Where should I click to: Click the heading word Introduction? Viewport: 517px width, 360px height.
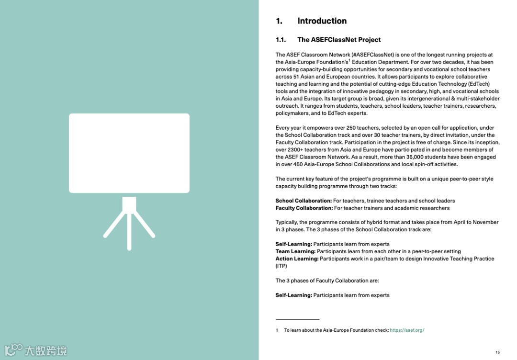click(322, 21)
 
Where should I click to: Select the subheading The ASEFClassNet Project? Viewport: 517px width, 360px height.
click(339, 40)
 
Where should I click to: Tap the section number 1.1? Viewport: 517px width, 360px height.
click(281, 40)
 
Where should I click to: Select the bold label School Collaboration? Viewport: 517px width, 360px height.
click(303, 201)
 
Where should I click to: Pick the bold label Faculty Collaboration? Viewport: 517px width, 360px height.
click(304, 208)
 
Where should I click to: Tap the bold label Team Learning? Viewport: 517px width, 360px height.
click(295, 251)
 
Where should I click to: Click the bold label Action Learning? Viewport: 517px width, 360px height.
click(297, 259)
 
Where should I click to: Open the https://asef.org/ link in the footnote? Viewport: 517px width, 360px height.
click(407, 330)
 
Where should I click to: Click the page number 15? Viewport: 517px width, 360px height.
click(497, 352)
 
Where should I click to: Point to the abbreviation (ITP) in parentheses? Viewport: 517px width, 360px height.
click(281, 266)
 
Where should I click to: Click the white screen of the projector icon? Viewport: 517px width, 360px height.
click(129, 153)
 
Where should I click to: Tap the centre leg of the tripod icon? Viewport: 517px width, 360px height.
click(129, 230)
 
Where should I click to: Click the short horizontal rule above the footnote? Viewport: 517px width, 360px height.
click(297, 319)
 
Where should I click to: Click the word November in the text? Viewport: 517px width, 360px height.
click(485, 223)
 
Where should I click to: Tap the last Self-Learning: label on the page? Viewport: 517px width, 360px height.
click(293, 295)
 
